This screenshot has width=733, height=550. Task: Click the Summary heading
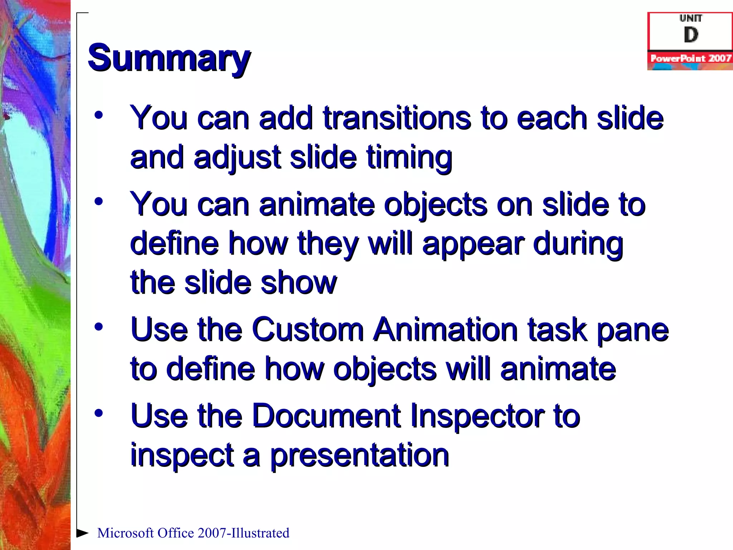(x=169, y=58)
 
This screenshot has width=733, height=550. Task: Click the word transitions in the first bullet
(x=397, y=118)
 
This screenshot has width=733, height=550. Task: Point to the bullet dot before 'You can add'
(x=99, y=115)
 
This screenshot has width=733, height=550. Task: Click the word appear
(x=473, y=243)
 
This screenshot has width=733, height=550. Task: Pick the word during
(x=578, y=243)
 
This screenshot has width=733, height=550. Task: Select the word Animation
(x=445, y=329)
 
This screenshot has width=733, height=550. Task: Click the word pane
(x=632, y=329)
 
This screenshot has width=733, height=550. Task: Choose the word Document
(x=326, y=416)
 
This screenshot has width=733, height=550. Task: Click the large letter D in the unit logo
(x=691, y=35)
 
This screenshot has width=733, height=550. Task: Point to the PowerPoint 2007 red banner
(x=690, y=58)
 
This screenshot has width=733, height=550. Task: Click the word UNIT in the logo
(x=691, y=18)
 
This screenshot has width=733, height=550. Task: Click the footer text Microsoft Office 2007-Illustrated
(x=193, y=533)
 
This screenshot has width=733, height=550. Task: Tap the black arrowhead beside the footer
(x=82, y=533)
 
